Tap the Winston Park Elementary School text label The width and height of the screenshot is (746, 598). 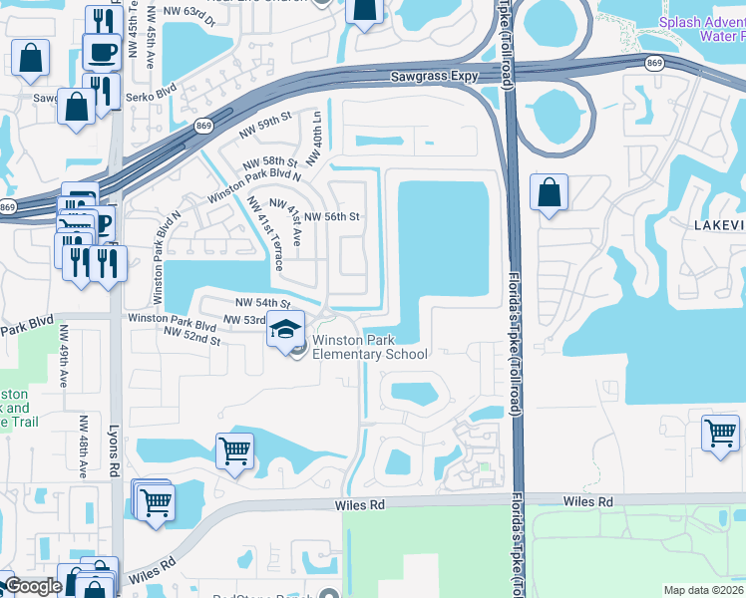pyautogui.click(x=370, y=347)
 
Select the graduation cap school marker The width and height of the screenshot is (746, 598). pyautogui.click(x=286, y=330)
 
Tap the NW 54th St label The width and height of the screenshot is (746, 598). pyautogui.click(x=262, y=302)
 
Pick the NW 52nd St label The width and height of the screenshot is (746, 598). pyautogui.click(x=190, y=338)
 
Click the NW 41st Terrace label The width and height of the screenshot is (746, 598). pyautogui.click(x=265, y=233)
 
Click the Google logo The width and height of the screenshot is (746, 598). pyautogui.click(x=32, y=586)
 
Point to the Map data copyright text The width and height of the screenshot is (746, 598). pyautogui.click(x=704, y=590)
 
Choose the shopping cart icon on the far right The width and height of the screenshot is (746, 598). pyautogui.click(x=720, y=434)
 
